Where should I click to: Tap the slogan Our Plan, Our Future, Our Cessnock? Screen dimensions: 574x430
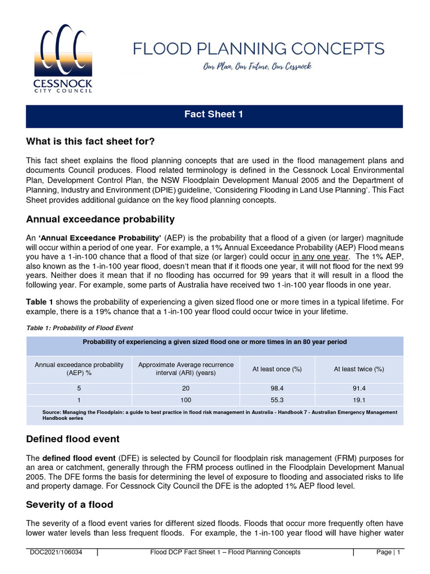pos(258,67)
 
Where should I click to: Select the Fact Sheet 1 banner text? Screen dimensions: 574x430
pos(214,114)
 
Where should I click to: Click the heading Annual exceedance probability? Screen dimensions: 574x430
pos(100,219)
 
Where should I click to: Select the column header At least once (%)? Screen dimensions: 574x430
pos(277,369)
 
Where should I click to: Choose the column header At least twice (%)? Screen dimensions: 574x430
pos(359,369)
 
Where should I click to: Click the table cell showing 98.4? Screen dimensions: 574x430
pos(277,388)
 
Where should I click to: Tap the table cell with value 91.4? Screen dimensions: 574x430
pos(359,388)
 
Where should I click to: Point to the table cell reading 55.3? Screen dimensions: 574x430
pos(277,400)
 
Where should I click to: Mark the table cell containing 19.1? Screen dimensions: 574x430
pos(359,400)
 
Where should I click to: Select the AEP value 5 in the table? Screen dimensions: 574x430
pos(79,388)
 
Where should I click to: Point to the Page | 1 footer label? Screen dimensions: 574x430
pos(388,552)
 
